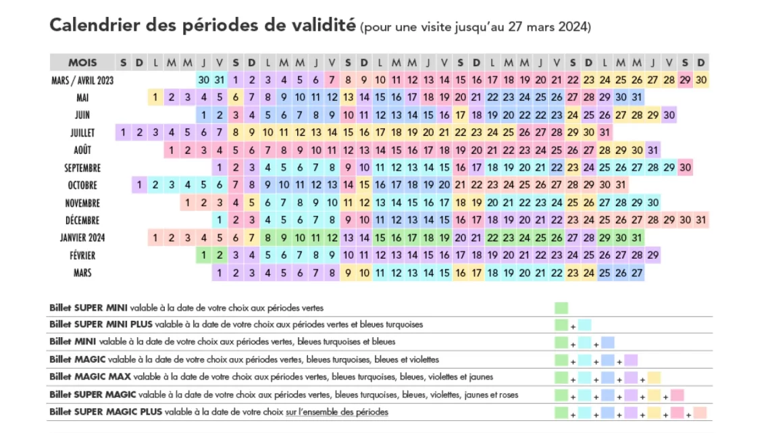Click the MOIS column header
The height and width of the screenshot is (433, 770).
tap(82, 62)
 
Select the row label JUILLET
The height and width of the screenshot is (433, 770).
tap(82, 132)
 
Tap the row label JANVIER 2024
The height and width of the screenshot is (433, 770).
tap(82, 238)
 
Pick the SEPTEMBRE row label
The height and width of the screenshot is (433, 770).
tap(82, 168)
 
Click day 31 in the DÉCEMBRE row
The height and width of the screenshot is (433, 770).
tap(700, 220)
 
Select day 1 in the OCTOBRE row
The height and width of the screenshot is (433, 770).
tap(139, 185)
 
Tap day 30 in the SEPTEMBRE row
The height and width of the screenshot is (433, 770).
tap(685, 168)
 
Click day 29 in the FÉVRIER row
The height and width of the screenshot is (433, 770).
tap(652, 255)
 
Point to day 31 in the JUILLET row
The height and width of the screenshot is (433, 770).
tap(605, 132)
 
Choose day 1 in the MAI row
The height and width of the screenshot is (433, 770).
tap(155, 97)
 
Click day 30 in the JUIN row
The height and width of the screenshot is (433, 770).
tap(669, 115)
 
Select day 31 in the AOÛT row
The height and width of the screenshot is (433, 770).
tap(652, 150)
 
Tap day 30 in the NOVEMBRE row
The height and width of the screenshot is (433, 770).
tap(652, 203)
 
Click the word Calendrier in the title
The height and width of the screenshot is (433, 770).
tap(95, 25)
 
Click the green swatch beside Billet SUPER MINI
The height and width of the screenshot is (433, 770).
tap(561, 308)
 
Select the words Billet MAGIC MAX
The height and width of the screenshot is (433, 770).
tap(90, 377)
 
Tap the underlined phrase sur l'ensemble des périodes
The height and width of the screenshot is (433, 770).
tap(337, 412)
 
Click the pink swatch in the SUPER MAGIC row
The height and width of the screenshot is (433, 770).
tap(677, 395)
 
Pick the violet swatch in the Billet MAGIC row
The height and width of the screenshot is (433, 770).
tap(631, 360)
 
